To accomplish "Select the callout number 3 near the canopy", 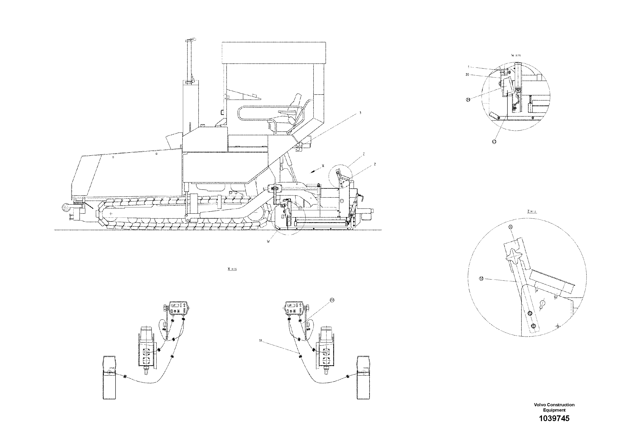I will tap(360, 113).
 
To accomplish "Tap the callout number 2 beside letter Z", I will tap(375, 164).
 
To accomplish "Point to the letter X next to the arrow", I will tap(323, 166).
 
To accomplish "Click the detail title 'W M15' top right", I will tap(516, 55).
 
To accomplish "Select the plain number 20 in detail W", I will tap(467, 75).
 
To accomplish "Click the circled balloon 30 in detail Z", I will tap(481, 279).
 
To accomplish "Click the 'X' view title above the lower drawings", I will tap(232, 269).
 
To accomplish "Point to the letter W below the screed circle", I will tap(268, 242).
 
